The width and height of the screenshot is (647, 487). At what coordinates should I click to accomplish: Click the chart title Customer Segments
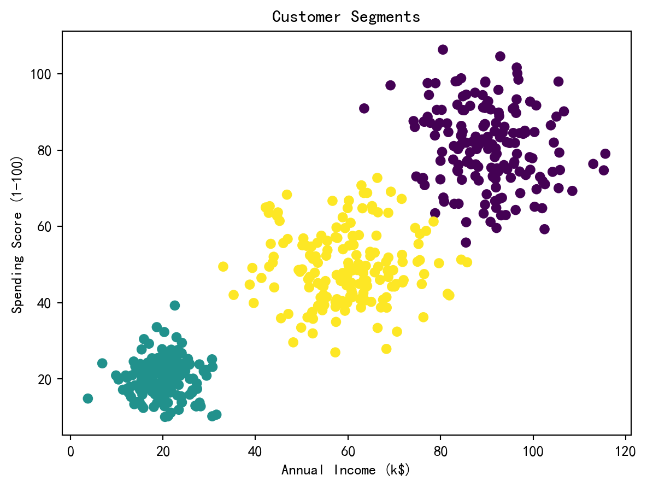[346, 17]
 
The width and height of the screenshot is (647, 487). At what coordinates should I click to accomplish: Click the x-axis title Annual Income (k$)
[346, 470]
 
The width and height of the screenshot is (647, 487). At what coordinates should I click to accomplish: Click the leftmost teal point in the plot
[88, 398]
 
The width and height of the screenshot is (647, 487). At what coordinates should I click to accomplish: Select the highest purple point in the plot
[443, 50]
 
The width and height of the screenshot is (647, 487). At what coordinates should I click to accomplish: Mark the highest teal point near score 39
[174, 306]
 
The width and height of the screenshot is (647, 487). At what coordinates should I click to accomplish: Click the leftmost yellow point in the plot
[223, 267]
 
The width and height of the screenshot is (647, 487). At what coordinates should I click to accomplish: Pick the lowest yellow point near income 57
[335, 353]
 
